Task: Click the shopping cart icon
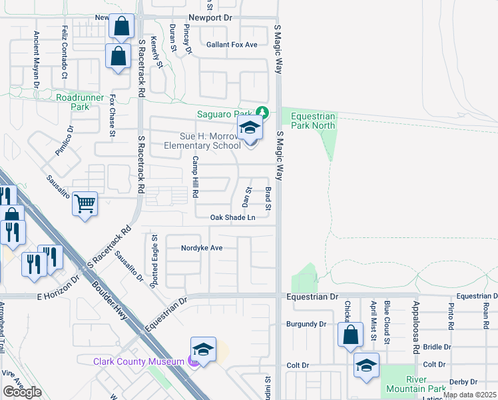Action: coord(85,204)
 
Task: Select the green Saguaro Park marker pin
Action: coord(264,113)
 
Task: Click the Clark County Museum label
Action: coord(138,361)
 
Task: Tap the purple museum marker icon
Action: coord(193,361)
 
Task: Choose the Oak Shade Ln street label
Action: coord(233,217)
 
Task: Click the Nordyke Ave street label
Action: coord(202,248)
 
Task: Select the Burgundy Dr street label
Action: coord(306,324)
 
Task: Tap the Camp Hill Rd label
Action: coord(196,177)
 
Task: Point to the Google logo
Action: coord(22,392)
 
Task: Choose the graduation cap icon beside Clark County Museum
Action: coord(204,349)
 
